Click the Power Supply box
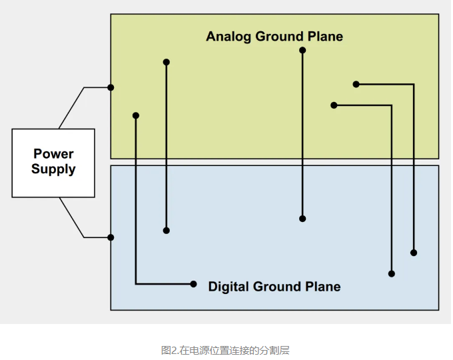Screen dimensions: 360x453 coord(53,163)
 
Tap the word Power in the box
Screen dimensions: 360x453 coord(53,154)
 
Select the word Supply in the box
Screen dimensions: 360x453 coord(53,169)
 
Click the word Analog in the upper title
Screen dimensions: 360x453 coord(228,36)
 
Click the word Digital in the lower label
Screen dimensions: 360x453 coord(229,287)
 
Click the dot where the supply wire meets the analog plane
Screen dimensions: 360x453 coord(111,87)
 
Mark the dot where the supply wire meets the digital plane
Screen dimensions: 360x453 coord(111,237)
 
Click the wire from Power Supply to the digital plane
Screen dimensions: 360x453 coord(72,217)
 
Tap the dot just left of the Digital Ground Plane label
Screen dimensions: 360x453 coord(194,284)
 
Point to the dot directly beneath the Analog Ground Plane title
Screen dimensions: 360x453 coord(302,50)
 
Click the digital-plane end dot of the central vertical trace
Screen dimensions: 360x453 coord(302,219)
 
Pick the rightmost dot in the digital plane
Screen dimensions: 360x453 coord(414,253)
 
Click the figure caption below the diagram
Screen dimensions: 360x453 coord(226,350)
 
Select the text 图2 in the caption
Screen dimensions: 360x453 coord(169,350)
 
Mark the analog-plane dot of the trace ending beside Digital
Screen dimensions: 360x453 coord(136,115)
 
